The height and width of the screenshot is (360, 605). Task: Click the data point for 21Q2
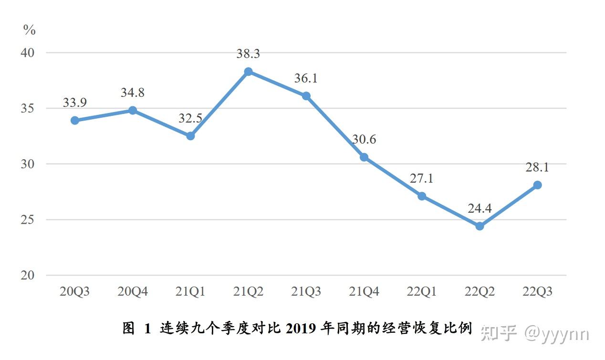coord(248,72)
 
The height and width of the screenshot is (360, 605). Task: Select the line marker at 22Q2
coord(480,226)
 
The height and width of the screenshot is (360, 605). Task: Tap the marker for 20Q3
coord(75,121)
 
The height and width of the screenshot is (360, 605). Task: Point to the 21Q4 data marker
coord(364,157)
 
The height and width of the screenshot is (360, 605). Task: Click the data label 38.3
coord(248,54)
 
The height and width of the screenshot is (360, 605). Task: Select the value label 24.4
coord(480,208)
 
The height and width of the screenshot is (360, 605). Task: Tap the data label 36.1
coord(305,79)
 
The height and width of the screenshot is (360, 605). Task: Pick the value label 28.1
coord(537,167)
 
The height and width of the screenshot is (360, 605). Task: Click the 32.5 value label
coord(190,119)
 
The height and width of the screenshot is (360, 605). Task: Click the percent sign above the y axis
coord(30,31)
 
